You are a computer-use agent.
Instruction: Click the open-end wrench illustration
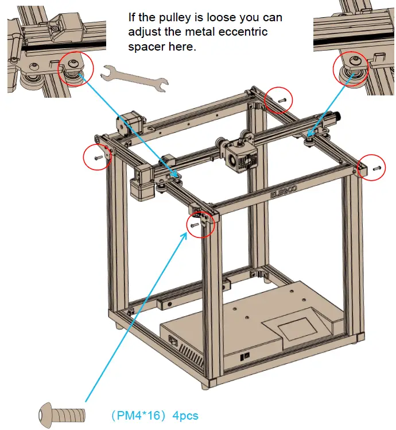[134, 78]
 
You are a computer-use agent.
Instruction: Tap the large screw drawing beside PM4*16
[62, 414]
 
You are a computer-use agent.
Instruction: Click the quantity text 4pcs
[185, 415]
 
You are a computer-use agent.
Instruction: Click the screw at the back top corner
[281, 99]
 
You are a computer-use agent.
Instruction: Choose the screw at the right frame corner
[376, 168]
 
